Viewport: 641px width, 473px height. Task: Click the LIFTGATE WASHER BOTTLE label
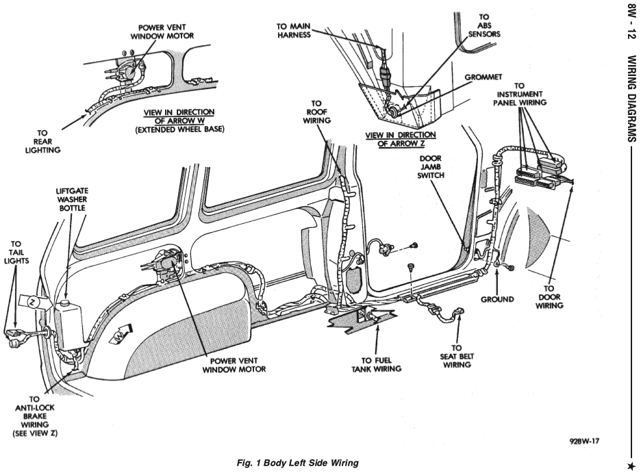[72, 199]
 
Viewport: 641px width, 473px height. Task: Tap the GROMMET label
[483, 77]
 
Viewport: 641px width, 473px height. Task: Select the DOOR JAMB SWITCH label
[431, 166]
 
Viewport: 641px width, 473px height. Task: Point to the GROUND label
[497, 299]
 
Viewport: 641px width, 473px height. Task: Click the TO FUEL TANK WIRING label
[376, 365]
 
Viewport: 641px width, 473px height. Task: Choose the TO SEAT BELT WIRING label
[457, 356]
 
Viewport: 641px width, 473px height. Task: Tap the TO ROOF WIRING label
[316, 112]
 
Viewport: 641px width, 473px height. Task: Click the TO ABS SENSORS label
[484, 25]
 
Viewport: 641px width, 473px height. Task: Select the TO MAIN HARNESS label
[294, 31]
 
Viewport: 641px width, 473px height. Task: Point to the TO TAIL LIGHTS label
[16, 253]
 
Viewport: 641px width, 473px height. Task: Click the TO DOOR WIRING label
[549, 297]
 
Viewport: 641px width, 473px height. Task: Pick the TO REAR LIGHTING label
[42, 141]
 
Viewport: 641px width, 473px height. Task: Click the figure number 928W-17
[584, 442]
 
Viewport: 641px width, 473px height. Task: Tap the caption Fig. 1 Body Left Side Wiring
[298, 463]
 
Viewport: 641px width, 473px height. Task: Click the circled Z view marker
[32, 303]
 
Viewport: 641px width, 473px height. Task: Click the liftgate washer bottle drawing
[70, 322]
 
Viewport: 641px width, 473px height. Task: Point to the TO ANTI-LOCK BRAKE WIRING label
[35, 416]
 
